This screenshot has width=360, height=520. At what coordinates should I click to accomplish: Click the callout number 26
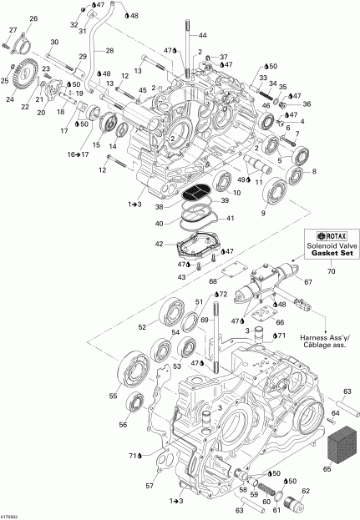pos(33,18)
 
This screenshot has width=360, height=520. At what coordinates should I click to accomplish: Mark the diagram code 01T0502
pos(15,515)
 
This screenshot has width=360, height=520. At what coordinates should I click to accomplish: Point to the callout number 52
pos(142,326)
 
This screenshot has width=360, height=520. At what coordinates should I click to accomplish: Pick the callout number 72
pos(222,295)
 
